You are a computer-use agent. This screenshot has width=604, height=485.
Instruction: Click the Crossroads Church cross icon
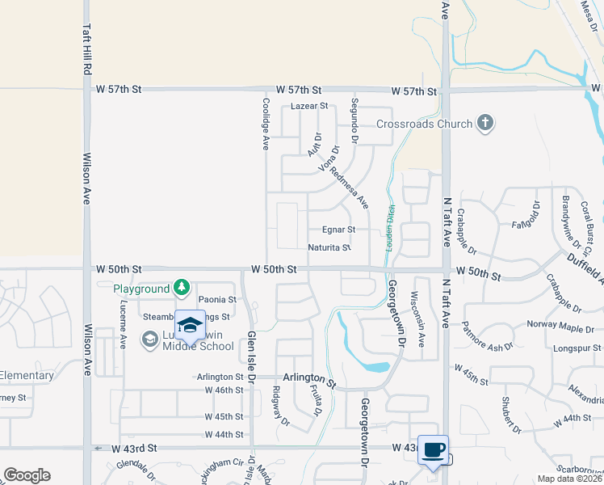pos(484,124)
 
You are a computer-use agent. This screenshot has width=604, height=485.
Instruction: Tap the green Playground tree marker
pos(182,288)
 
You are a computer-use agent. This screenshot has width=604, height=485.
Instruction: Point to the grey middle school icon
pos(149,340)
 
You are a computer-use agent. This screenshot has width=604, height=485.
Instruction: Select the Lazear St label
pos(310,106)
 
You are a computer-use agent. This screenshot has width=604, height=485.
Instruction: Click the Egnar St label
pos(338,230)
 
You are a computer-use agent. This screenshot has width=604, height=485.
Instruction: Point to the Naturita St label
pos(329,248)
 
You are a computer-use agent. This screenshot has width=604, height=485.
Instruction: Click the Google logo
pos(27,475)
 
